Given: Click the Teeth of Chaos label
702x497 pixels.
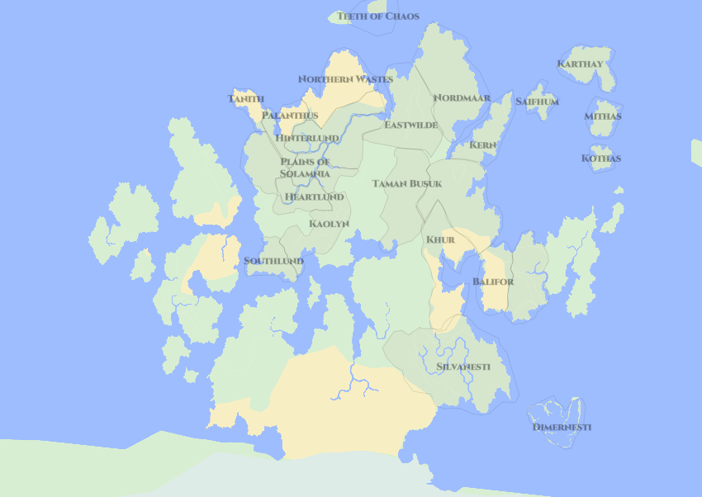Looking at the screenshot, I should coord(377,17).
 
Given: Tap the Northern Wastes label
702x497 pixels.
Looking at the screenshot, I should coord(345,79).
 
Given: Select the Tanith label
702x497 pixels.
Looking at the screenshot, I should coord(246,99).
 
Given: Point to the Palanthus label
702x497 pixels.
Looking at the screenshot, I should coord(290,116).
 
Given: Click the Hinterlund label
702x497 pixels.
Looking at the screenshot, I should coord(307,137).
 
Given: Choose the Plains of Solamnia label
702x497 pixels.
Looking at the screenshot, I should coord(305,168).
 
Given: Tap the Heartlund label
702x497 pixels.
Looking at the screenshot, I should coord(314,197).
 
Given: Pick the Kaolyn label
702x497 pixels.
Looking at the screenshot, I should coord(329,224).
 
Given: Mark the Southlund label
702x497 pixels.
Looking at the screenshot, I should coord(273,261).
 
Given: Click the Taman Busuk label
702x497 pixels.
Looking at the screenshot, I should coord(407,183).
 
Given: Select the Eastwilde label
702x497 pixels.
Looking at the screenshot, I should coord(410,125).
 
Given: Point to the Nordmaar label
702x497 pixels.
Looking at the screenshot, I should coord(462,97).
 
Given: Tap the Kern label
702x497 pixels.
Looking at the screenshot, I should coord(483,144).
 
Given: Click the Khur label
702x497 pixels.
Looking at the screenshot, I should coord(440,239).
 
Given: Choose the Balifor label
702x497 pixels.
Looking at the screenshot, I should coord(493,282).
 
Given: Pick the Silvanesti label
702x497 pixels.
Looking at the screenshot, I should coord(463,366).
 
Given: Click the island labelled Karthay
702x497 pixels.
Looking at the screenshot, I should coord(580,64).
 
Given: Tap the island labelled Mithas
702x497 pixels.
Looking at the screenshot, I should coord(603,116).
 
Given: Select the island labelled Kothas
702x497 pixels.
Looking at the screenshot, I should coord(601,158).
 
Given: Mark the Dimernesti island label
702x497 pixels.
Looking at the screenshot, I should coord(562,427).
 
